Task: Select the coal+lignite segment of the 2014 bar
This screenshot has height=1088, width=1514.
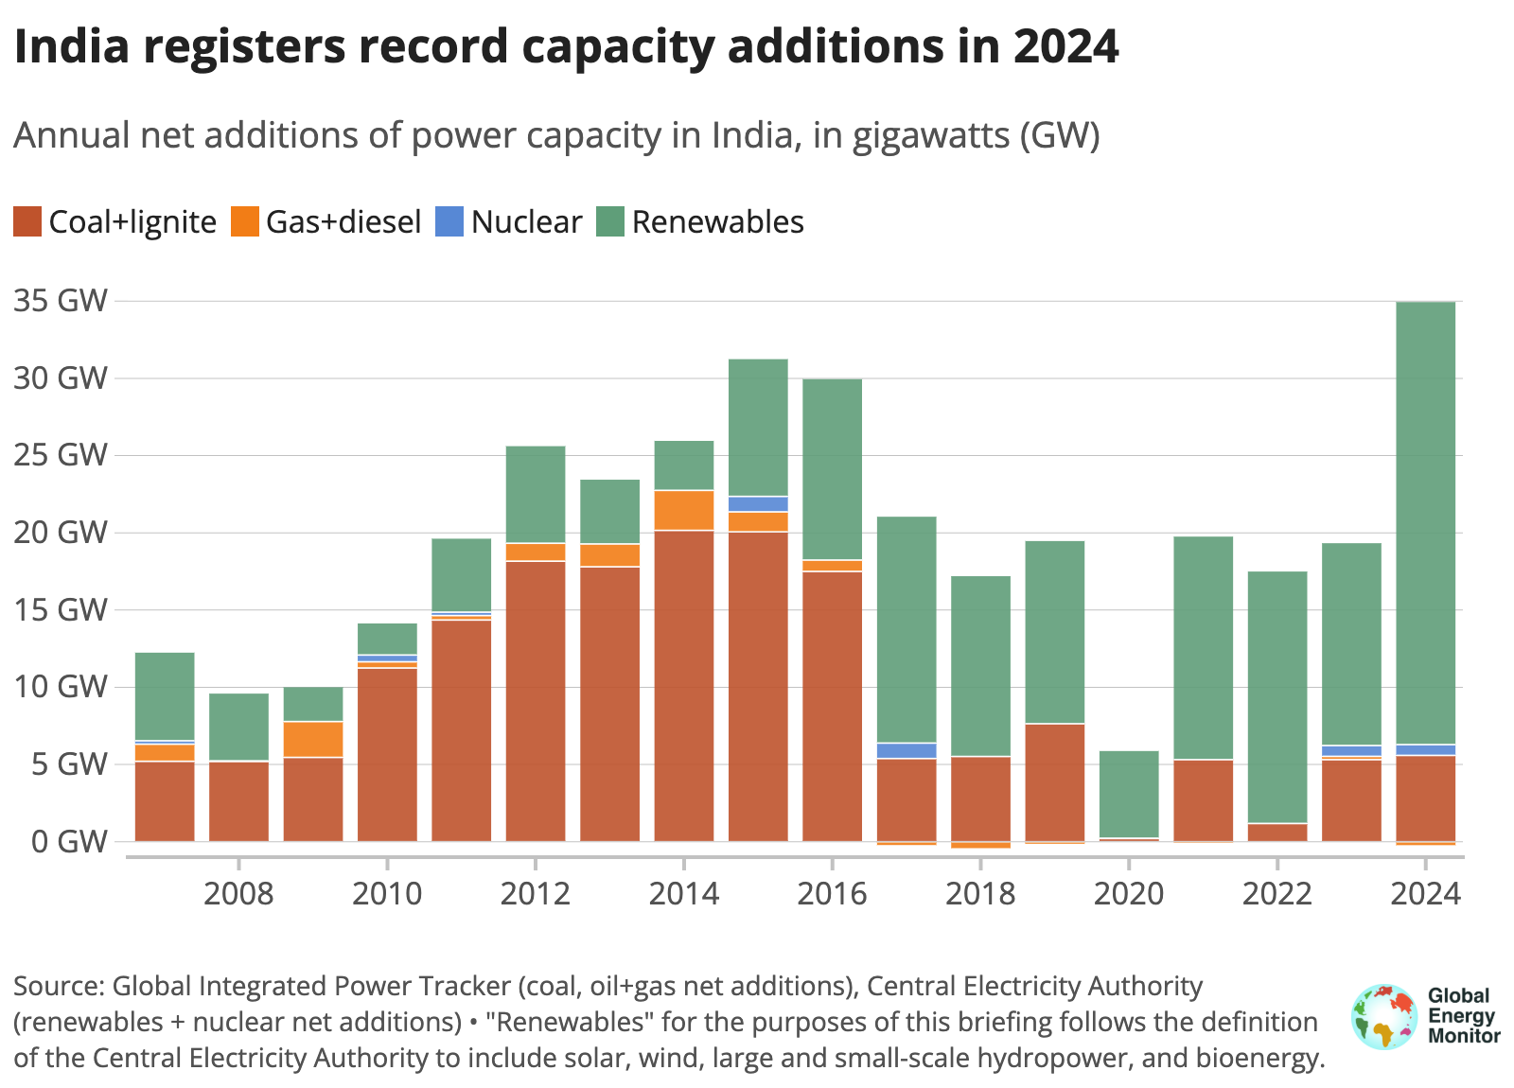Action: (684, 685)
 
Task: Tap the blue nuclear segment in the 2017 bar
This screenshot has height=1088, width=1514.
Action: (907, 750)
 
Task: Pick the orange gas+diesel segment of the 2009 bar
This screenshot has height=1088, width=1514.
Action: (313, 739)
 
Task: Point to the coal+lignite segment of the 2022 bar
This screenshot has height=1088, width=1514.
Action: (1277, 832)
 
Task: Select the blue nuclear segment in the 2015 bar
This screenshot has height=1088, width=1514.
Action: (758, 503)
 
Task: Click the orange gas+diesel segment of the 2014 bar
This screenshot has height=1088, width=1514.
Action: (684, 510)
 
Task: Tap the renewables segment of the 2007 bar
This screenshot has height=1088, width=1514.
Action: (165, 695)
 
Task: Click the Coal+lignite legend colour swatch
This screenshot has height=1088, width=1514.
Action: (27, 222)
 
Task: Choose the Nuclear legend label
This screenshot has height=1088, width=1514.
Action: (526, 222)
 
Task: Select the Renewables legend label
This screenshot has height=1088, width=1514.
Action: (717, 222)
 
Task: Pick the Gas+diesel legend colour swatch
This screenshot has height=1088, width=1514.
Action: (245, 222)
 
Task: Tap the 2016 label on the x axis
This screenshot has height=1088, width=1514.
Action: (832, 893)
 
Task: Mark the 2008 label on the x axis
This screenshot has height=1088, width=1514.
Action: (238, 893)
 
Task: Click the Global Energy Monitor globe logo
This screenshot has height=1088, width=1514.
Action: (1384, 1017)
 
